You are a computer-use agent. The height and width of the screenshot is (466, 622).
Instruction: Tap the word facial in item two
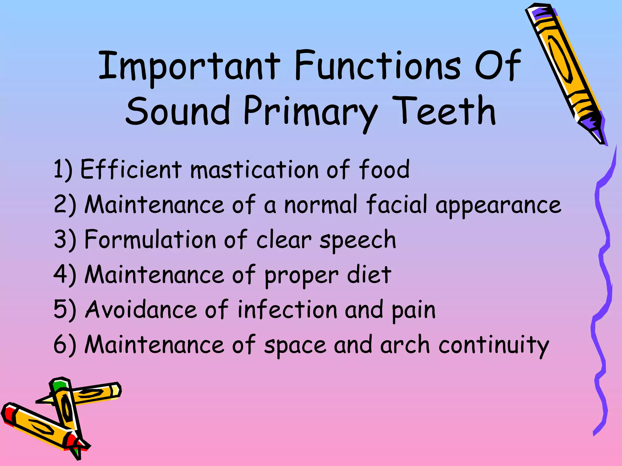click(397, 204)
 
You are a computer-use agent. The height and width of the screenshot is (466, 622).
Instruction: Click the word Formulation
click(150, 240)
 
